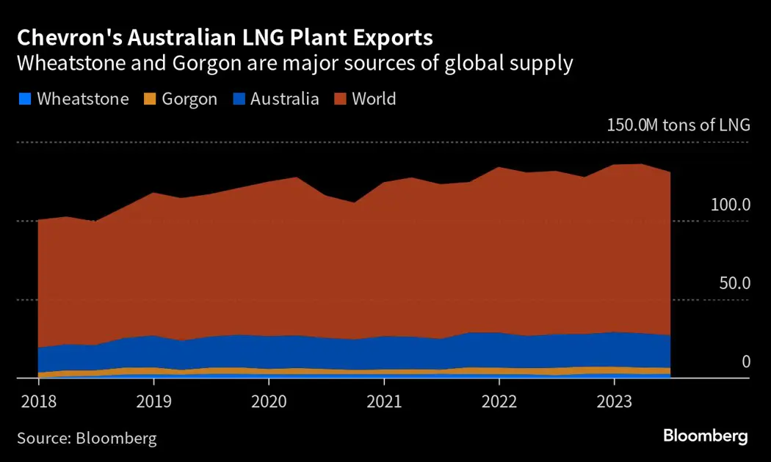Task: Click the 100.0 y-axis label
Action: tap(730, 205)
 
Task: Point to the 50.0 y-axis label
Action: tap(734, 283)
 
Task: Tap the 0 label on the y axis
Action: tap(746, 362)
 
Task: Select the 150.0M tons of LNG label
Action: tap(678, 125)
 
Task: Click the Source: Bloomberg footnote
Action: tap(87, 439)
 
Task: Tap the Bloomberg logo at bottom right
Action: tap(706, 436)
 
